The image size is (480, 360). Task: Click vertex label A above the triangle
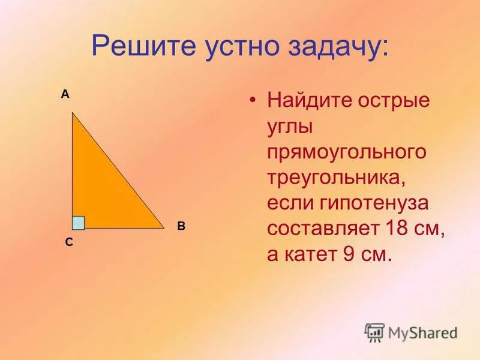pyautogui.click(x=65, y=94)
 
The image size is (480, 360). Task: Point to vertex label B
pyautogui.click(x=181, y=227)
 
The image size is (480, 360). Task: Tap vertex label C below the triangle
pyautogui.click(x=69, y=242)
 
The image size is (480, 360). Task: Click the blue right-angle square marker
pyautogui.click(x=78, y=223)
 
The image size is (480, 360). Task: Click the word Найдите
pyautogui.click(x=308, y=100)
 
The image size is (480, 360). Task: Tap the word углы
pyautogui.click(x=292, y=126)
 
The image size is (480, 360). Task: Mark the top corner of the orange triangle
pyautogui.click(x=73, y=112)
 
